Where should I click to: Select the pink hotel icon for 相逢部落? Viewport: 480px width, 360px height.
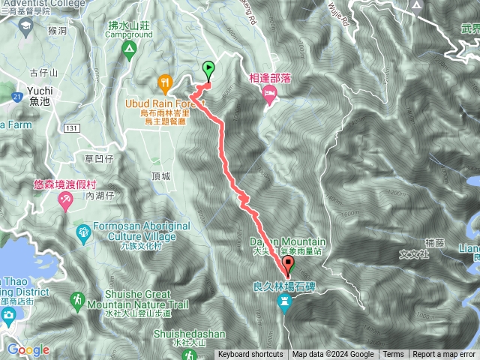coord(268,92)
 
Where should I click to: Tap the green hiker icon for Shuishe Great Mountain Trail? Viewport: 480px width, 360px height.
coord(76,301)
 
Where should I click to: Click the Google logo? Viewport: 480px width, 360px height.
coord(28,349)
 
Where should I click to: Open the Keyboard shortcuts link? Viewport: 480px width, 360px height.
coord(250,355)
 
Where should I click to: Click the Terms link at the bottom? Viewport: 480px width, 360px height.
coord(393,355)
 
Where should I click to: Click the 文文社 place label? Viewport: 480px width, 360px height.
coord(414,254)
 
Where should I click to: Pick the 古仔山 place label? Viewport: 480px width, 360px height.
coord(43,72)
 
